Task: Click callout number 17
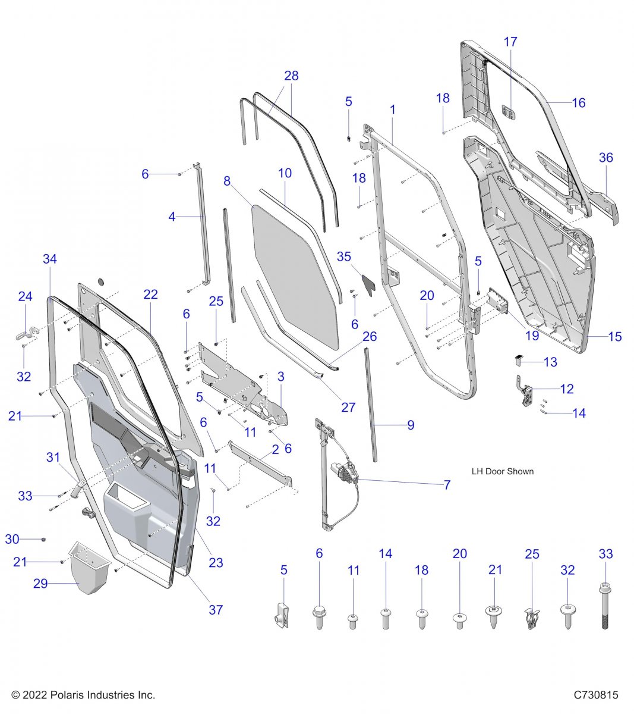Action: (510, 42)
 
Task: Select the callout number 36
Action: (605, 158)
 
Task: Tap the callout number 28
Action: (291, 76)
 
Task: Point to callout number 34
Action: (50, 259)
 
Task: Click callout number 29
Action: (40, 584)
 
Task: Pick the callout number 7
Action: (447, 485)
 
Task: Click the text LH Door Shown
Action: (502, 471)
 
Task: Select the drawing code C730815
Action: (595, 695)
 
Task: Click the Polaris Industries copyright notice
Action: (83, 695)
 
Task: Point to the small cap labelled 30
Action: (43, 539)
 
